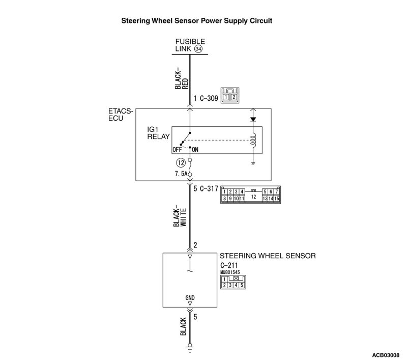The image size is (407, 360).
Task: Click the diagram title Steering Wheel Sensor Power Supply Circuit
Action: click(196, 22)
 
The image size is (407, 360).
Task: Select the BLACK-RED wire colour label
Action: click(181, 78)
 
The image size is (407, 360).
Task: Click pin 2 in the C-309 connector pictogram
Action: click(233, 97)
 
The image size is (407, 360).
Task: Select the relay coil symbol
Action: click(253, 139)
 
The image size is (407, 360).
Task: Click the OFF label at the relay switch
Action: click(177, 150)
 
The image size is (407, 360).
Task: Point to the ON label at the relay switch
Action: click(195, 150)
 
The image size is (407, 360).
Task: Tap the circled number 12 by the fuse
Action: click(180, 163)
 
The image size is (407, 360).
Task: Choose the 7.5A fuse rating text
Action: click(180, 174)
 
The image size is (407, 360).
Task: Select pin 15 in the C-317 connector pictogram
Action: click(277, 199)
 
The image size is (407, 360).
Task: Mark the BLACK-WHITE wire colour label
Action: click(180, 216)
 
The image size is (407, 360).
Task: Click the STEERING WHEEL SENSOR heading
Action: click(268, 256)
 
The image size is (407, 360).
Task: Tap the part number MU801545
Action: click(230, 272)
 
